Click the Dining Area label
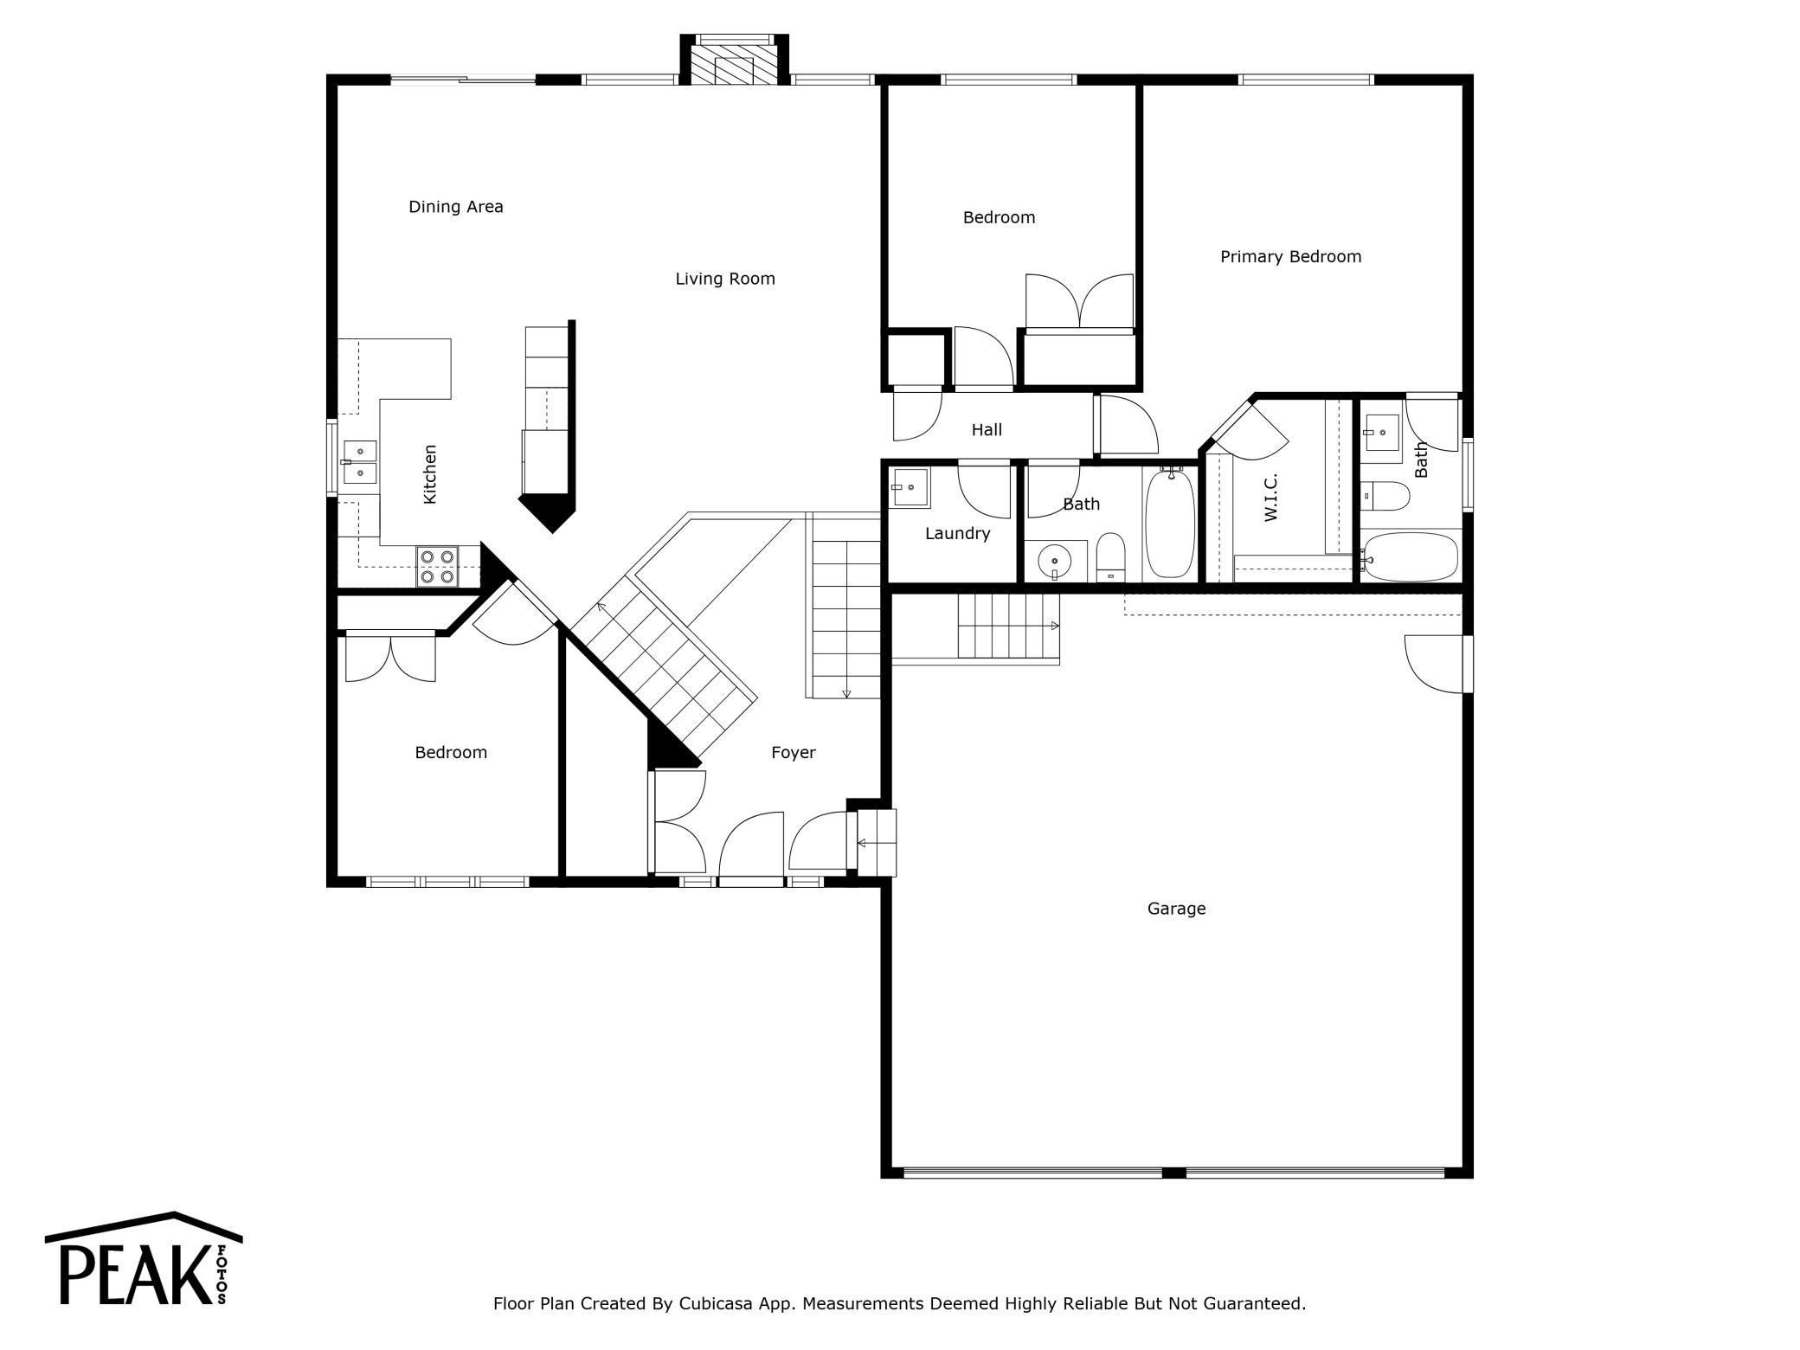point(456,207)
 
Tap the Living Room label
point(725,279)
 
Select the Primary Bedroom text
point(1290,257)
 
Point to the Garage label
point(1176,909)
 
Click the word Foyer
point(794,753)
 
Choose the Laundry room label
point(957,534)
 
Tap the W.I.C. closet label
point(1270,498)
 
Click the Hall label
point(987,430)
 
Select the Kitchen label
point(429,474)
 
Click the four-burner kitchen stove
point(437,567)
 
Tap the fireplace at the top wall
point(734,61)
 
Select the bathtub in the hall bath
point(1170,524)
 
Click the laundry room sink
point(910,488)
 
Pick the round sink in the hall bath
point(1055,562)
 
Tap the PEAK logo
point(144,1259)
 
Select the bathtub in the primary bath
point(1411,556)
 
